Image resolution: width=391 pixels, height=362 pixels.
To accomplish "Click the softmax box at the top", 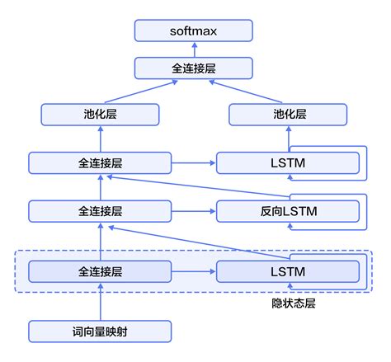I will coord(195,32).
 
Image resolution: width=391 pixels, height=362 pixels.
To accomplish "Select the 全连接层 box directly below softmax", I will coord(195,68).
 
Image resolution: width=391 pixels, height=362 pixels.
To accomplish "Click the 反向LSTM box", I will coord(288,212).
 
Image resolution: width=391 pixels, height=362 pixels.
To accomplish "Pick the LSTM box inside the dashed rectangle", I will coord(288,270).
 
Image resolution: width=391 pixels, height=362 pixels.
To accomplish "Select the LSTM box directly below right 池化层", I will coord(288,163).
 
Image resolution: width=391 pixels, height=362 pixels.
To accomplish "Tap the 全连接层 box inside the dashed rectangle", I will coord(101,270).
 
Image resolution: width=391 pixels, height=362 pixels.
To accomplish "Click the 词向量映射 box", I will coord(101,331).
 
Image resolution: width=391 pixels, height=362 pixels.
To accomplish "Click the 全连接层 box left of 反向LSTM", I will coord(101,212).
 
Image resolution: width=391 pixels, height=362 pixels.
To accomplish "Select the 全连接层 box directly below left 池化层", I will coord(101,163).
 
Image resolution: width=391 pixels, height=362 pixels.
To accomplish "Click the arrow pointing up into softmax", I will coord(195,50).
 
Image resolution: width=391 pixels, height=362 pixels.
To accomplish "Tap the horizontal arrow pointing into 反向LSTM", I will coord(194,212).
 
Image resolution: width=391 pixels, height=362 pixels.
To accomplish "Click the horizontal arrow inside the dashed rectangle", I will coord(194,270).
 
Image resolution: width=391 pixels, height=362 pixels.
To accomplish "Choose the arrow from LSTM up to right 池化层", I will coord(288,139).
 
